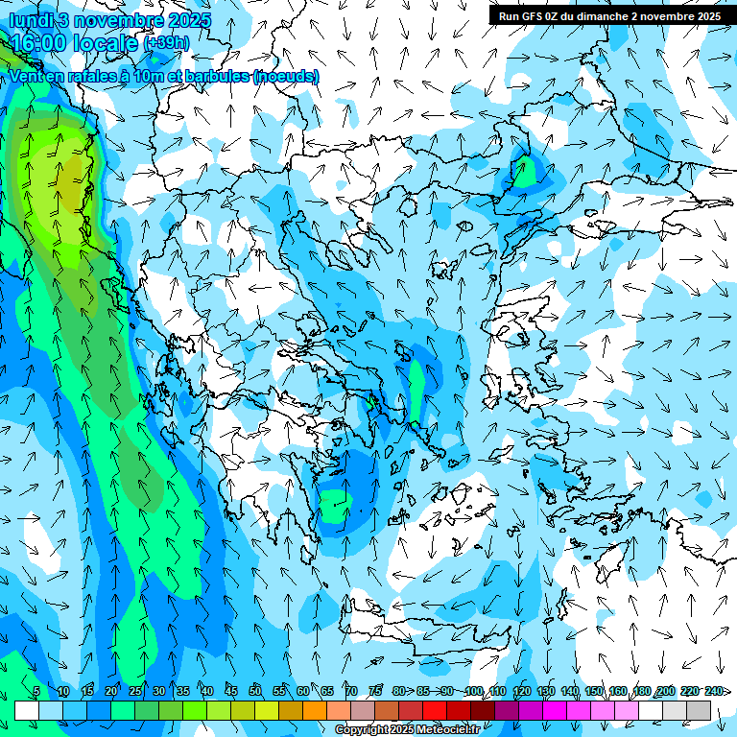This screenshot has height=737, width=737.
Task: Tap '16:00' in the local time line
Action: point(42,43)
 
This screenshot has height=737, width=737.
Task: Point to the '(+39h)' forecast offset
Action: point(165,43)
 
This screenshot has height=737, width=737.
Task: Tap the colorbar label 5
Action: point(36,691)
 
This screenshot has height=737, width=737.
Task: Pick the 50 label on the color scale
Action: point(255,691)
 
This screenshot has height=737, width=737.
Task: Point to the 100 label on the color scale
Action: point(474,691)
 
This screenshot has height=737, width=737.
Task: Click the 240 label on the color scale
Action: point(714,691)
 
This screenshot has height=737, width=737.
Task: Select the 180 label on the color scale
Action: point(642,691)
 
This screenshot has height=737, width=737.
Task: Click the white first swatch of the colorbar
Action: point(27,710)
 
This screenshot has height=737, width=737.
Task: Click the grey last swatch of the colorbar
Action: point(700,710)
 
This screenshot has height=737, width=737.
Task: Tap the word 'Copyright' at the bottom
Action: point(362,730)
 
